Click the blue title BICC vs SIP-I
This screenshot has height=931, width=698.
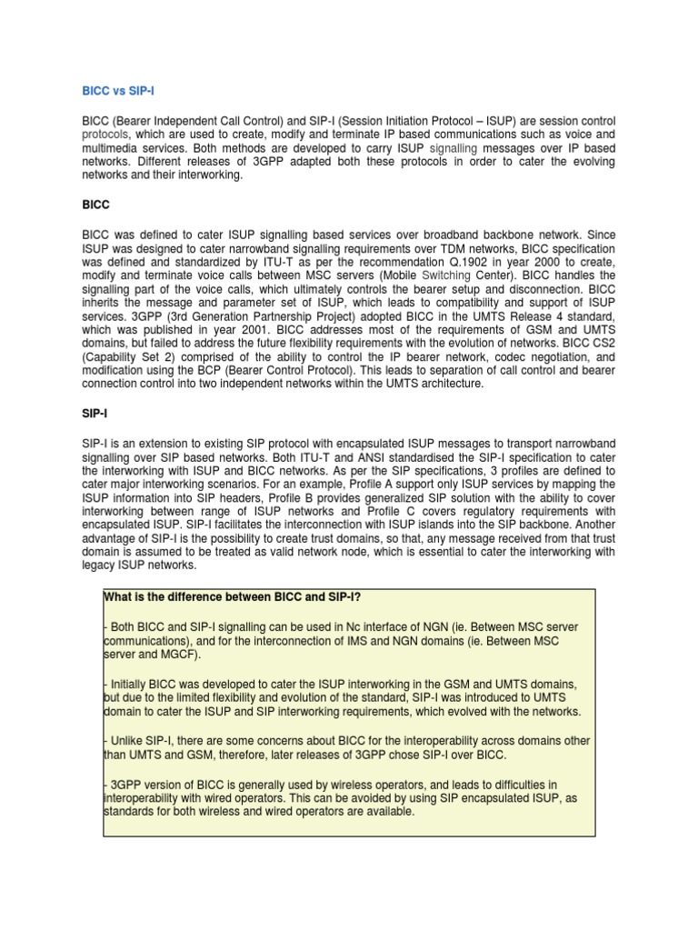click(x=123, y=90)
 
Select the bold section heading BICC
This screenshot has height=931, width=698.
click(x=95, y=205)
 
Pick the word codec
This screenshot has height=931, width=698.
click(x=486, y=358)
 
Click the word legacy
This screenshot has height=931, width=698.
click(x=99, y=565)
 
